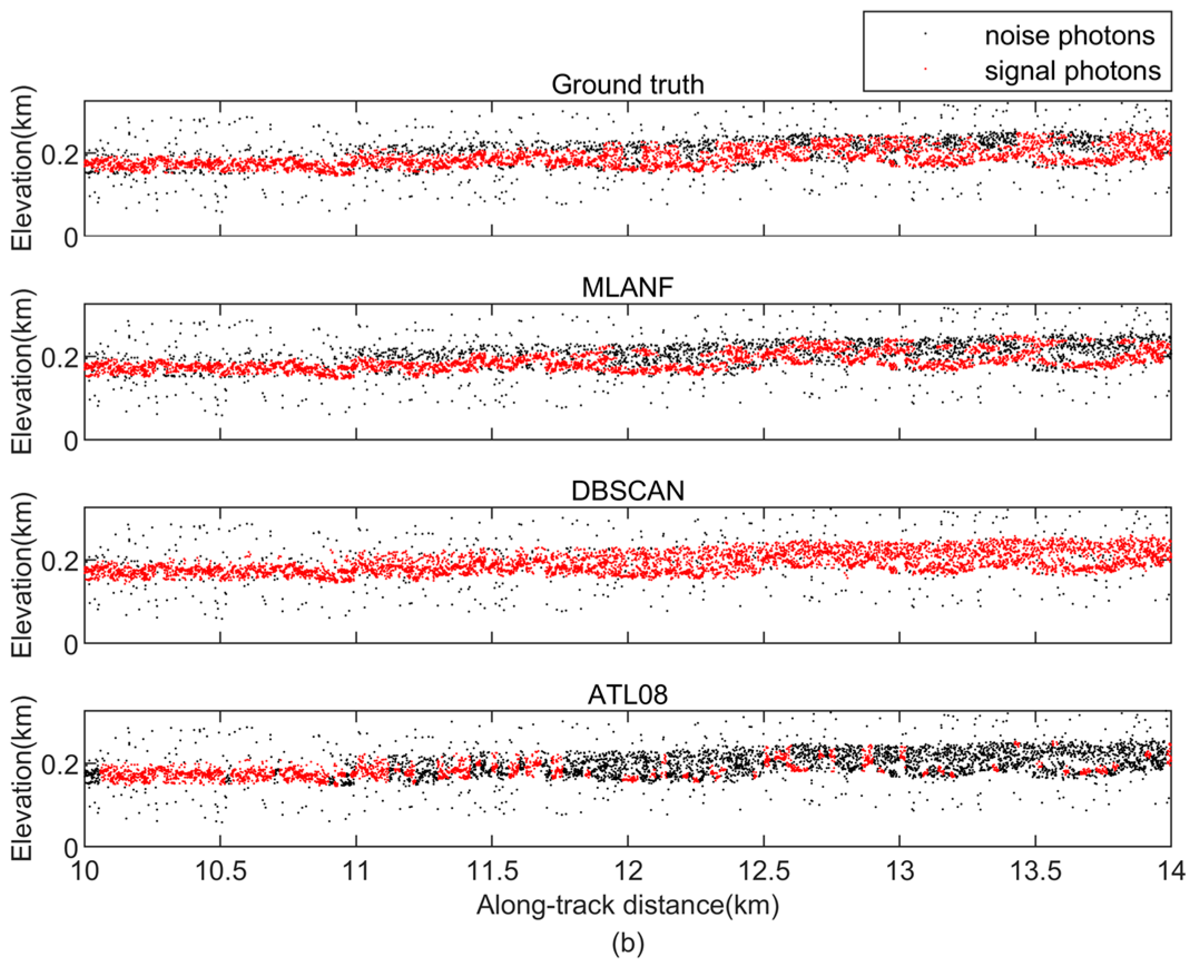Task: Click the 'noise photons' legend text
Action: coord(1069,36)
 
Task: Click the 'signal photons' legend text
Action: coord(1072,71)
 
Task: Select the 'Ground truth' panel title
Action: coord(627,85)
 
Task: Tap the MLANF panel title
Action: coord(627,288)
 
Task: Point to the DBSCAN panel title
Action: coord(627,491)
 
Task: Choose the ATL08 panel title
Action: coord(627,694)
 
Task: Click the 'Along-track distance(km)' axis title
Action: coord(627,905)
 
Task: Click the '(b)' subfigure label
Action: coord(627,943)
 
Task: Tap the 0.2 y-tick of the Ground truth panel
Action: coord(60,154)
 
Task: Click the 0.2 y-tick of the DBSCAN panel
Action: coord(60,561)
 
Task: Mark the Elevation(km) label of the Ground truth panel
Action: coord(23,168)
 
